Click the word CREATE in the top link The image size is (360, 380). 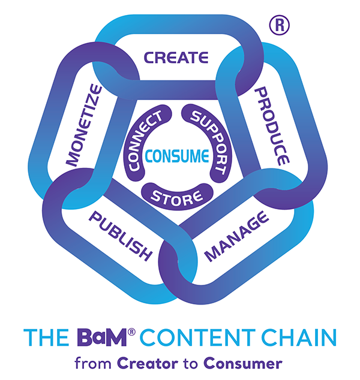176,58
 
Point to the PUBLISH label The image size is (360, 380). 119,235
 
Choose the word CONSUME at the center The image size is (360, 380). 177,158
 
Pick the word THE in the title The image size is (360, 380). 43,337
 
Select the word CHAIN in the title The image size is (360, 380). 296,337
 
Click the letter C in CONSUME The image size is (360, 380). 151,158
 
